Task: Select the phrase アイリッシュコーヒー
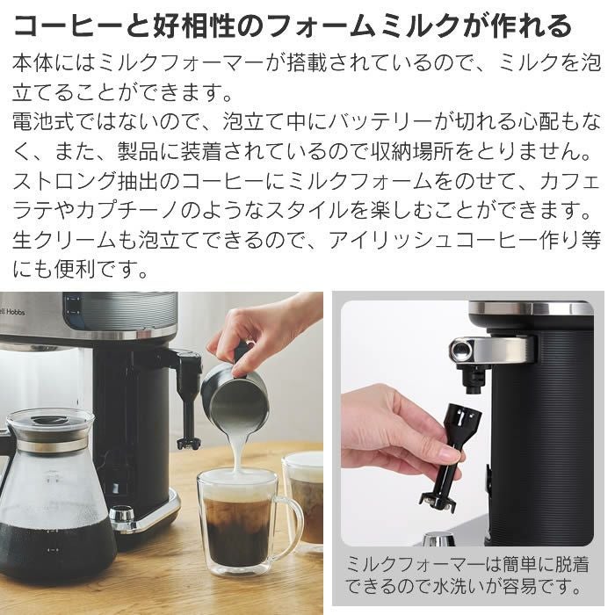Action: click(445, 240)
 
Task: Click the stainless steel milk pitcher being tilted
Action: click(234, 395)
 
